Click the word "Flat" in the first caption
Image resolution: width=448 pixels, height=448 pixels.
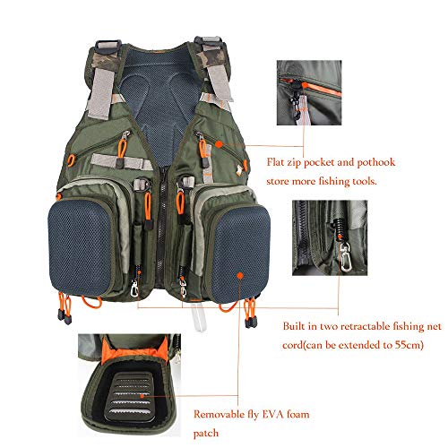[x=280, y=163]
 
